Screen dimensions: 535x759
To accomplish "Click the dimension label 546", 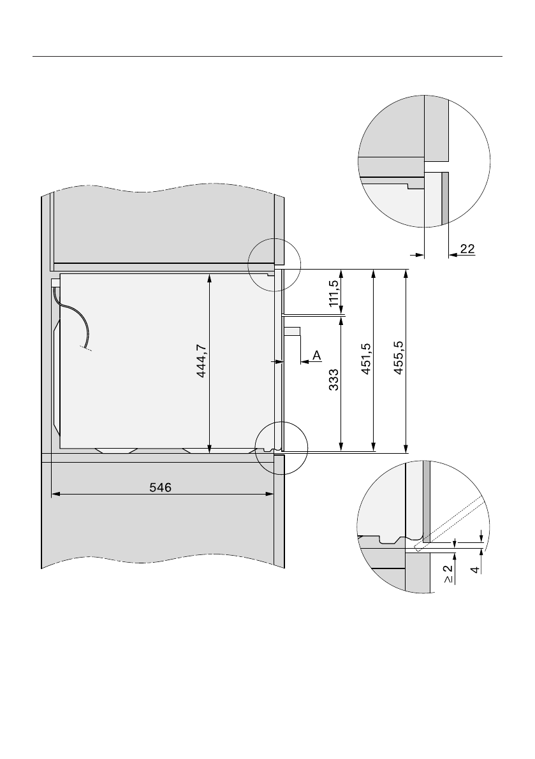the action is [x=160, y=488].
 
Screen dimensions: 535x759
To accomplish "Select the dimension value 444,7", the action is [x=202, y=361].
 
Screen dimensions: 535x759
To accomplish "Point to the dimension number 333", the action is [x=333, y=380].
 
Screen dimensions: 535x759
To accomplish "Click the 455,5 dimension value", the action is [x=399, y=358].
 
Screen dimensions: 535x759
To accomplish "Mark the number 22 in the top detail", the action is [x=467, y=249].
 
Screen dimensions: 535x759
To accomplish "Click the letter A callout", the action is [x=317, y=356].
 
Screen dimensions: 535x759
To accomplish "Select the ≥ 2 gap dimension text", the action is [x=448, y=574].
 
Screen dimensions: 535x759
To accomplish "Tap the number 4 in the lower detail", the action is [x=476, y=570].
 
